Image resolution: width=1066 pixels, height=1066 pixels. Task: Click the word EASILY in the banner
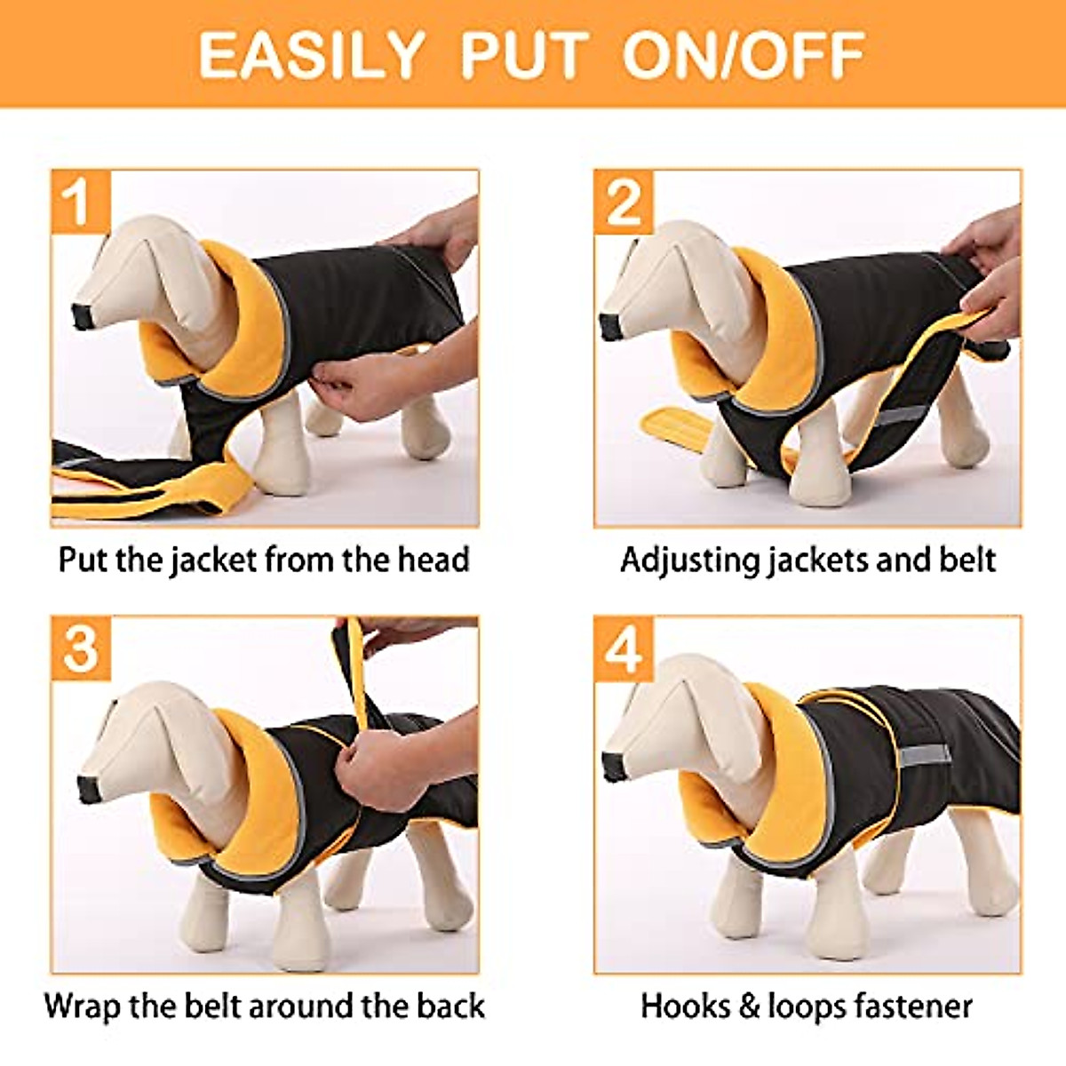310,55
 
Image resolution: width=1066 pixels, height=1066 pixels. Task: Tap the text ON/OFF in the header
744,55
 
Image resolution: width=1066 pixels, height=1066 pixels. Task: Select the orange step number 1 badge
81,201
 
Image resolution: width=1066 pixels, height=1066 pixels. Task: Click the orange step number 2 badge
624,201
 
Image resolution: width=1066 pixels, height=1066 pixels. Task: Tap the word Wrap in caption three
83,1006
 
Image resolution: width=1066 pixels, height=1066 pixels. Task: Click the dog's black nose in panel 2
609,326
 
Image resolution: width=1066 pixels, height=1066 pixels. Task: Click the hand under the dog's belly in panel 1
355,391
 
